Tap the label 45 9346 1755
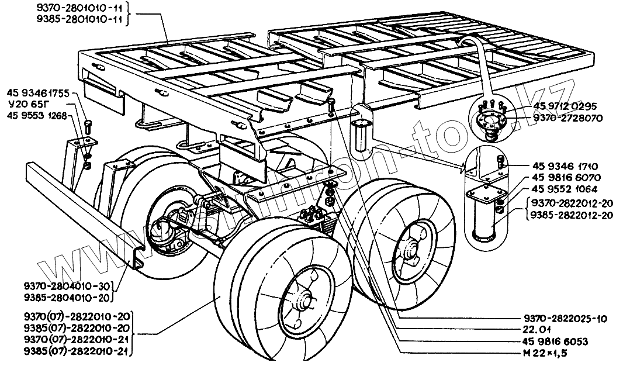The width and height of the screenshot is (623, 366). click(39, 94)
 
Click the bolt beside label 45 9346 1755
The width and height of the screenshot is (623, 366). click(88, 125)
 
